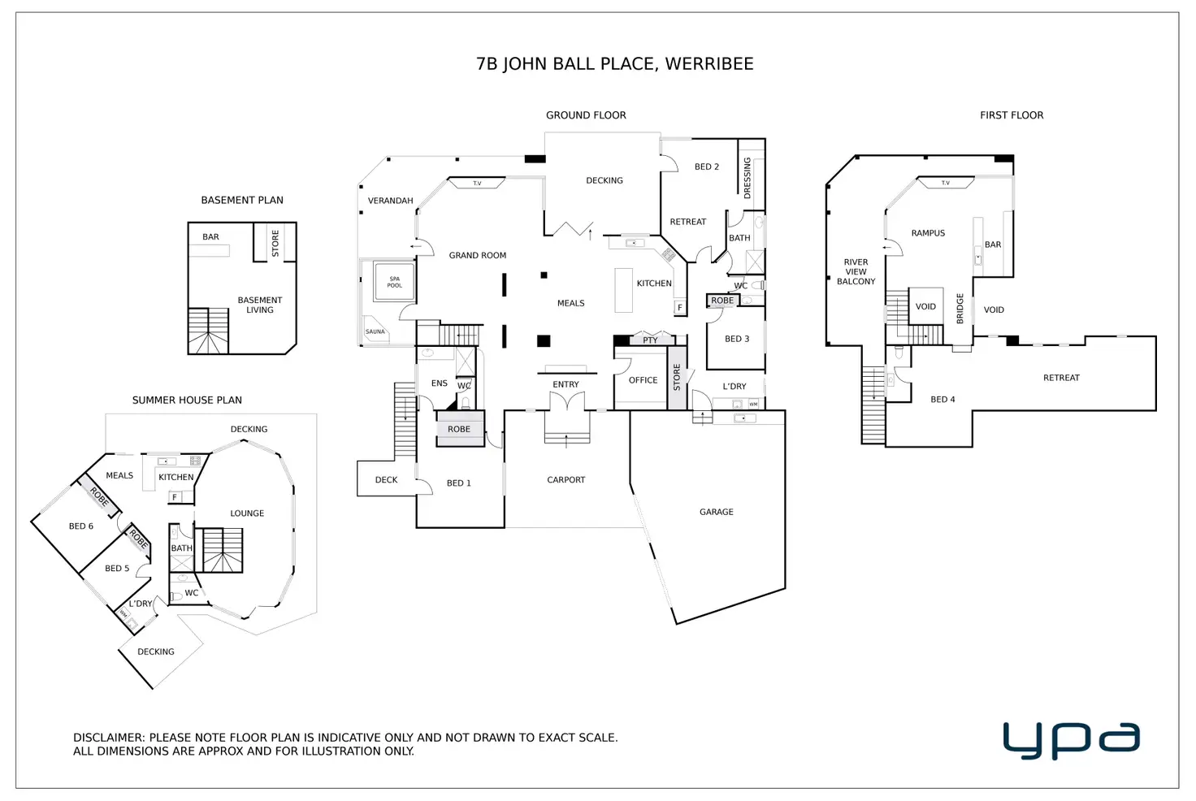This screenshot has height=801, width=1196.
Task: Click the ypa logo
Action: pos(1071,740)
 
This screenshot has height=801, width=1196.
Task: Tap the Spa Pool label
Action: pos(394,282)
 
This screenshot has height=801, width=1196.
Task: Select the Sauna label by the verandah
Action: pos(375,331)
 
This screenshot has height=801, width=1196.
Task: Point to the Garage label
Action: pos(716,512)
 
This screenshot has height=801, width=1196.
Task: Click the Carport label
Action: pos(565,480)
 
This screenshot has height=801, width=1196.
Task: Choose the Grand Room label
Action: pos(477,255)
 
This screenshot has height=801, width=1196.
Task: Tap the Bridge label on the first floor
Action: pos(960,309)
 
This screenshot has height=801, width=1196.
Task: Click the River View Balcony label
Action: pos(856,272)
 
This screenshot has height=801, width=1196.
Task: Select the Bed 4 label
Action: pos(942,400)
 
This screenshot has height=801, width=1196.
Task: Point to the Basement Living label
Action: pos(259,305)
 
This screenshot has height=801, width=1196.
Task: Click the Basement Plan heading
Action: pos(242,200)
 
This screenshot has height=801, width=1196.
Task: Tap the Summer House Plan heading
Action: pos(187,400)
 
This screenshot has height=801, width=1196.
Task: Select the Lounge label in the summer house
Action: pos(247,513)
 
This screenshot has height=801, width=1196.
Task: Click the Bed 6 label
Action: pos(80,526)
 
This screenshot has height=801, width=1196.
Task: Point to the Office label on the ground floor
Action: pos(643,380)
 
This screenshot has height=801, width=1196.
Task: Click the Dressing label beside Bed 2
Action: pos(747,178)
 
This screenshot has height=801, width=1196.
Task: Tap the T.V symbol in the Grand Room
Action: pos(477,184)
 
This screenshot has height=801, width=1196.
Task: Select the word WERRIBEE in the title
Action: pos(709,64)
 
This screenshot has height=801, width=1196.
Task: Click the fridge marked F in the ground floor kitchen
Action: pos(680,308)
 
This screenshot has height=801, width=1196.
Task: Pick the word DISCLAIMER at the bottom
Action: pos(108,738)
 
